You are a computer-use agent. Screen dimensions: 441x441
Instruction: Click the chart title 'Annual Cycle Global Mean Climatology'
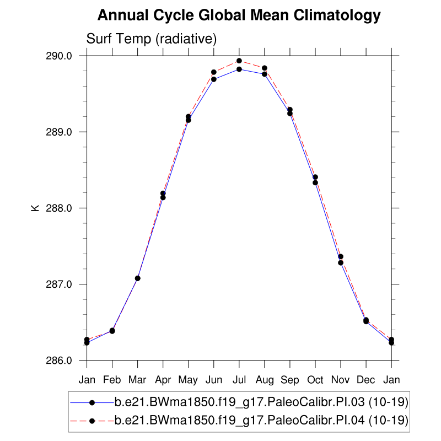point(239,15)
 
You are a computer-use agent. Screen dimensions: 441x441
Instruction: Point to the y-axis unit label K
point(35,208)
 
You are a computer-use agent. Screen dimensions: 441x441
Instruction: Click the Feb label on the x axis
point(112,380)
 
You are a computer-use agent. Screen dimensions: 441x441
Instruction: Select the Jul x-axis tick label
point(239,380)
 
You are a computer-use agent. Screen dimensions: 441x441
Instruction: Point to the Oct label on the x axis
point(315,380)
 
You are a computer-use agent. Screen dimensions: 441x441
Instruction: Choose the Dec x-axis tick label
point(365,380)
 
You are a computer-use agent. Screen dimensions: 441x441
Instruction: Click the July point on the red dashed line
point(239,61)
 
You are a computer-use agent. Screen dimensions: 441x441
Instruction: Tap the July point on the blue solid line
point(239,69)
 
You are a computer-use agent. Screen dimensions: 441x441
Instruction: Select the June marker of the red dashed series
point(214,72)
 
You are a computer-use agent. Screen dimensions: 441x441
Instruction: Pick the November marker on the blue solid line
point(341,262)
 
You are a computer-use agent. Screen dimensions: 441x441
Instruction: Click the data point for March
point(138,278)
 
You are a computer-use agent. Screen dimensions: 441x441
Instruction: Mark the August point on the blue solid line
point(265,74)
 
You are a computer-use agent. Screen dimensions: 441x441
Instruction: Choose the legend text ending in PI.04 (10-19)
point(261,421)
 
